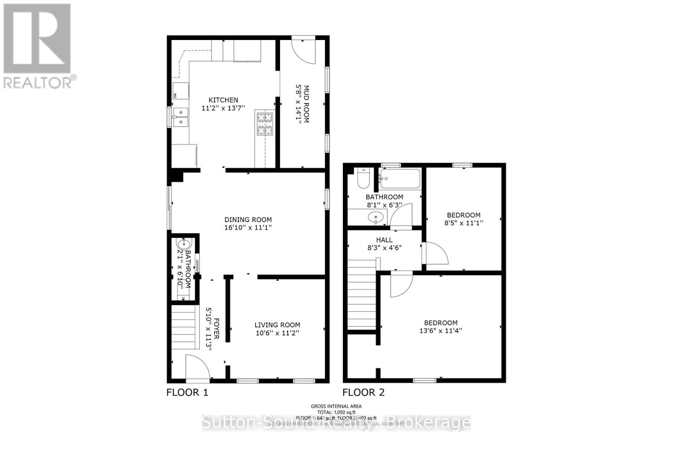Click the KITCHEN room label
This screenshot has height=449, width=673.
pos(223,100)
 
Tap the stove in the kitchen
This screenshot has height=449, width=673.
pos(265,124)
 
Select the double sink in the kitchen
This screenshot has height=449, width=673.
pos(180,117)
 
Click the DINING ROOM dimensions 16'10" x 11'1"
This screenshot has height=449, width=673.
pos(248,228)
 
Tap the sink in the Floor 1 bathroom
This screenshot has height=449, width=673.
pos(183,244)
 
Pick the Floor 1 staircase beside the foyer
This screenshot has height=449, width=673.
pos(185,327)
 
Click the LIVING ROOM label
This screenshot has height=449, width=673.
pos(277,325)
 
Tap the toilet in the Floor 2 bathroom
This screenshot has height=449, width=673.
pos(363,179)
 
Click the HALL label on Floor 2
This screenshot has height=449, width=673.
pos(384,240)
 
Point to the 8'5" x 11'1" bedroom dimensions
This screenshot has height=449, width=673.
pos(464,223)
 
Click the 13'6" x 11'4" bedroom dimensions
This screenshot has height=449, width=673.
pos(440,331)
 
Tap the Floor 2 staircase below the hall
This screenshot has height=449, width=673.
pos(362,295)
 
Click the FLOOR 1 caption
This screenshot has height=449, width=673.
pos(187,393)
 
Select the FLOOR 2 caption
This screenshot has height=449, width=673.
pos(363,393)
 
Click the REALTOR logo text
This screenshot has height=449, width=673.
pos(38,82)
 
